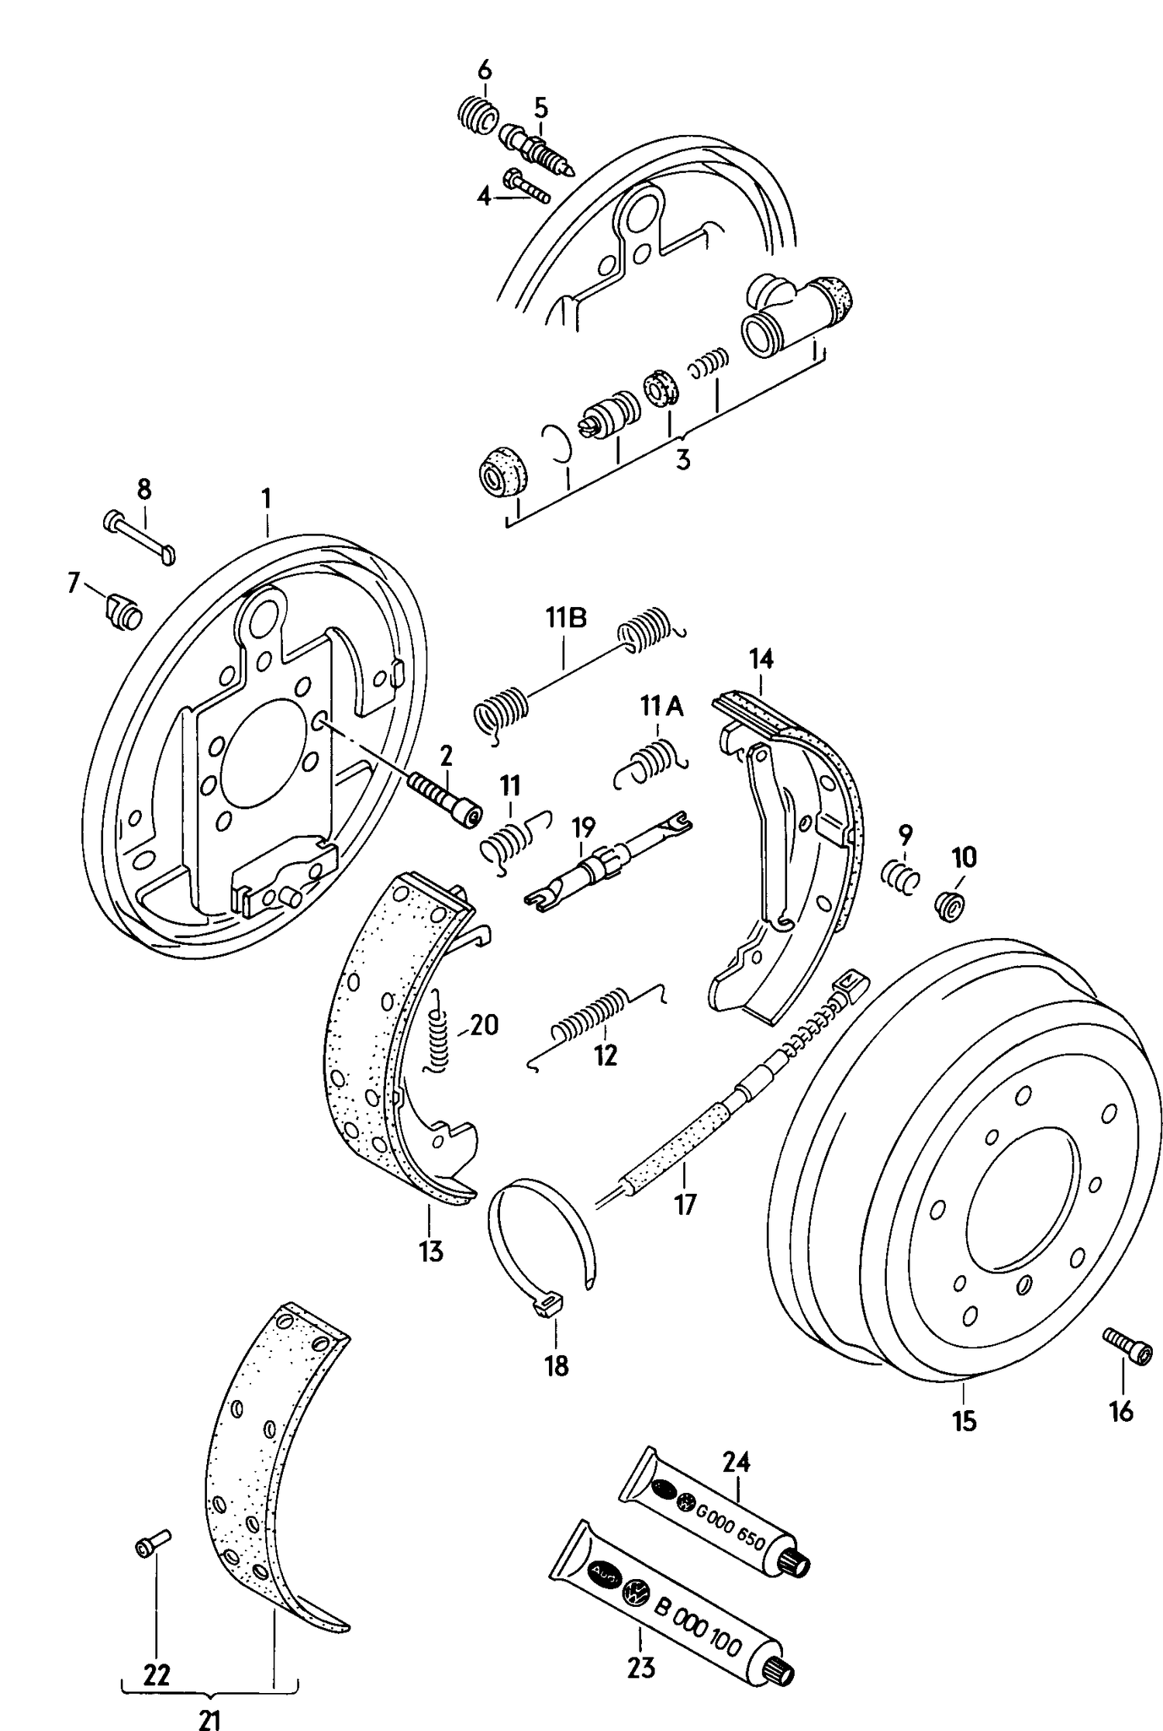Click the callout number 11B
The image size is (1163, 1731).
(565, 618)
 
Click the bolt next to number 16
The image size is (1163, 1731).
(1127, 1346)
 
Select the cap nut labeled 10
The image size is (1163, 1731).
(951, 904)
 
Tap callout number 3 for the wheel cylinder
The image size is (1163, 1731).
(682, 459)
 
